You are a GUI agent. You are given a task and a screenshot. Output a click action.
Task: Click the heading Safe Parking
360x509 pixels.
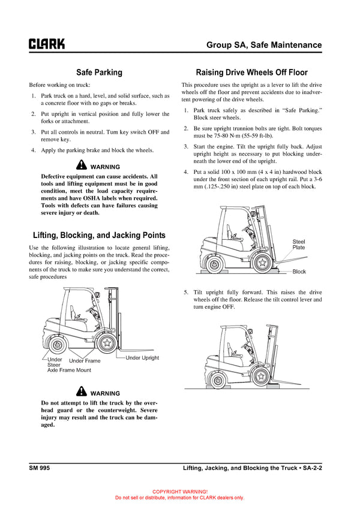tap(99, 73)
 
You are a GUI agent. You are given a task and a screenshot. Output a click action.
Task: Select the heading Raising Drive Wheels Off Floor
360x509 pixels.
tap(252, 73)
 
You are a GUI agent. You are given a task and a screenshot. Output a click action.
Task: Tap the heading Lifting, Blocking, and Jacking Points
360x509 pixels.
tap(99, 235)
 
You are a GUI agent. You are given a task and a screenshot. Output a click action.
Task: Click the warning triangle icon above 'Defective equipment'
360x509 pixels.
tap(82, 165)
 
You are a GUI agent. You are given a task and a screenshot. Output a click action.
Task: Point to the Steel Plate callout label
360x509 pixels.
tap(299, 244)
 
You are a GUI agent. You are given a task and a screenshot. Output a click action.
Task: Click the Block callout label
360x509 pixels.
tap(299, 272)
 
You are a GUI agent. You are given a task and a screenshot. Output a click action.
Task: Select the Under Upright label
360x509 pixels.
tap(142, 358)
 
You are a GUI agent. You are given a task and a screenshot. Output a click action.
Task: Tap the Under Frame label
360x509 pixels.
tap(85, 361)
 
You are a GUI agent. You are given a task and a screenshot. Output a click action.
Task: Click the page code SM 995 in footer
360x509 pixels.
tap(39, 467)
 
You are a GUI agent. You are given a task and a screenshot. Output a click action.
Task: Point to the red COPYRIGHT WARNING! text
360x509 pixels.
tap(179, 491)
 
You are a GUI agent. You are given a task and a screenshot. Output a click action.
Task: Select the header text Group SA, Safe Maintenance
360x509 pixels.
tap(264, 45)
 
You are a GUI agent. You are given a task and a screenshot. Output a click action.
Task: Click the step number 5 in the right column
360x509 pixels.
tap(186, 292)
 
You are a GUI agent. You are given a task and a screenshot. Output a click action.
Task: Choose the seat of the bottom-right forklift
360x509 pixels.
tap(229, 348)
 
